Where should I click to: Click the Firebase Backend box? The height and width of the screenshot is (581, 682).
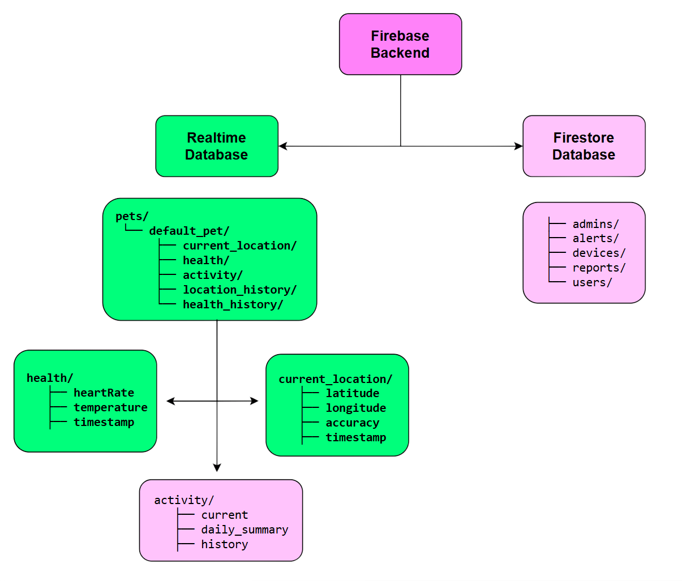400,44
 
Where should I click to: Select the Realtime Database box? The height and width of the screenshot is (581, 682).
216,146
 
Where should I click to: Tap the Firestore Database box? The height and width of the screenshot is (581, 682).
584,146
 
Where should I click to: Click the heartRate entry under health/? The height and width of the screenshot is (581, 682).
104,393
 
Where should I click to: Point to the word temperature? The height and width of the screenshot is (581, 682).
110,407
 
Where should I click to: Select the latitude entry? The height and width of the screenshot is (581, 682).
352,393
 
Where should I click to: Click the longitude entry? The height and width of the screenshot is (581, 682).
355,408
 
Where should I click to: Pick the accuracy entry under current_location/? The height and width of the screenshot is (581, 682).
352,423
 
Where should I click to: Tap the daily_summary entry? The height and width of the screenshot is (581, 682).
245,530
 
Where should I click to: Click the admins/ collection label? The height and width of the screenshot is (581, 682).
595,224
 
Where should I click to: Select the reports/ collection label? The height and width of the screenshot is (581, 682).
599,268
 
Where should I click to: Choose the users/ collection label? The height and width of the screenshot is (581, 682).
592,282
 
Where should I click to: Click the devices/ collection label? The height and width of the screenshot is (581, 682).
599,253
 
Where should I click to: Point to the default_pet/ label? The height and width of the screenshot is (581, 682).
189,231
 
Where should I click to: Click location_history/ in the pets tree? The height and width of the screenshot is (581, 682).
239,290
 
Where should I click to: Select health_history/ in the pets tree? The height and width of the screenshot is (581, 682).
233,304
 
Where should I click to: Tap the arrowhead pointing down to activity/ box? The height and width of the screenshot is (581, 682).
217,468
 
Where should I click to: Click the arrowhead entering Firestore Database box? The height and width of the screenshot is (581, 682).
517,146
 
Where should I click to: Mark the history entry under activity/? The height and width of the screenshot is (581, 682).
224,544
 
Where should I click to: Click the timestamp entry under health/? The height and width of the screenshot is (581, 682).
104,422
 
